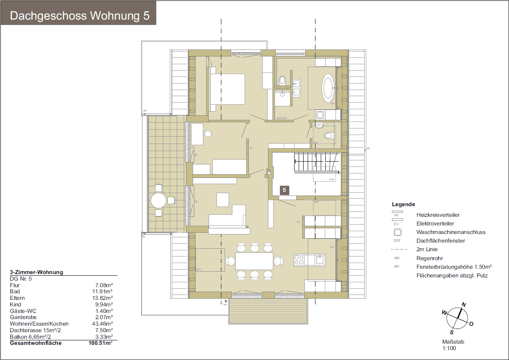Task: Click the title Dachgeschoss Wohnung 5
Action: coord(79,16)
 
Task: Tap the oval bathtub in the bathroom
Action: coord(328,88)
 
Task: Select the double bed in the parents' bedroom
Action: coord(227,89)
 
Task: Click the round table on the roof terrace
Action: coord(159,200)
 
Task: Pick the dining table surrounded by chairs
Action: coord(254,261)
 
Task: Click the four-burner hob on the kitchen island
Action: coord(300,260)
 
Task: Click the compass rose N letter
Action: coord(464,304)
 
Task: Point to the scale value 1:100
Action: coord(449,349)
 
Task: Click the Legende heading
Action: coord(403,204)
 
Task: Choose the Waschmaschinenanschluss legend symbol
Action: coord(397,232)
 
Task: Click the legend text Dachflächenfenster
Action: coord(440,241)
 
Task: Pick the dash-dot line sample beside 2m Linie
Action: coord(397,249)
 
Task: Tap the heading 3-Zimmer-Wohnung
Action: coord(36,272)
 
